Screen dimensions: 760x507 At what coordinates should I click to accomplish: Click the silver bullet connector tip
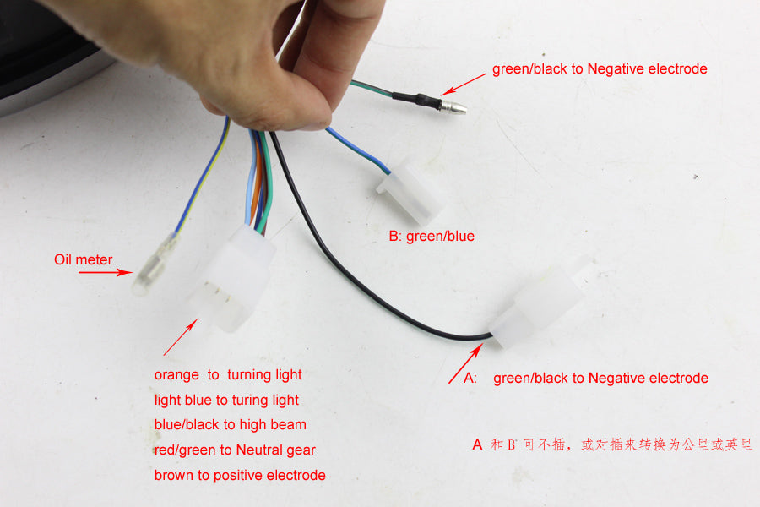[454, 106]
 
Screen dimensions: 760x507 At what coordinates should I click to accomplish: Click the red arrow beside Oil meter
[106, 273]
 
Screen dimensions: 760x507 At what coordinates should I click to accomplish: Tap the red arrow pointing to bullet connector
[464, 84]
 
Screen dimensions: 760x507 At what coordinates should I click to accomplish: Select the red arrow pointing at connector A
[466, 363]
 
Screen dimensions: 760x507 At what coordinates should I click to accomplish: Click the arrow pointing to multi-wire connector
[181, 336]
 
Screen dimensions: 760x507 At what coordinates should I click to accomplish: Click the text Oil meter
[83, 259]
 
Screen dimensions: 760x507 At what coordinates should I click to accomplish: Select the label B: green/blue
[432, 237]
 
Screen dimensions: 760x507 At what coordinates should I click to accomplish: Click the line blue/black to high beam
[231, 424]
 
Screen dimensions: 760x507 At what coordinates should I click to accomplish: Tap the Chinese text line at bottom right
[612, 444]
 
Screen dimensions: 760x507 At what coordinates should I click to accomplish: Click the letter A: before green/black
[470, 378]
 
